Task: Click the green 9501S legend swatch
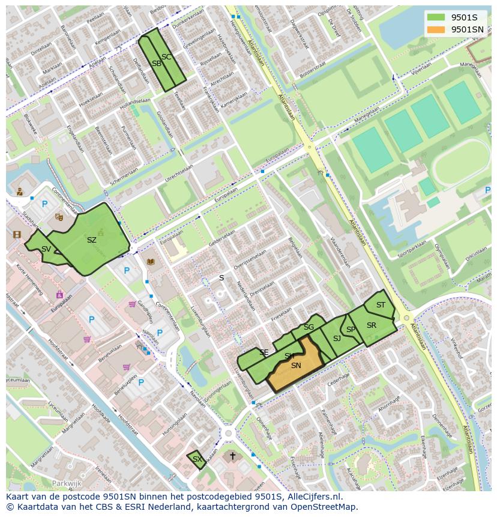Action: [x=436, y=17]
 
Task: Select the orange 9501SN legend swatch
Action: [x=436, y=29]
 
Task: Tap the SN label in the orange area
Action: [x=295, y=366]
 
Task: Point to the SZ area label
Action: [x=91, y=240]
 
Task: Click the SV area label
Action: [x=46, y=249]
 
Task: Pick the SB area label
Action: [x=156, y=64]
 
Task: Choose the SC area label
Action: [x=166, y=57]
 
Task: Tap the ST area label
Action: [x=381, y=305]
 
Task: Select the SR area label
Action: [x=371, y=325]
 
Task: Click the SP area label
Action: [x=351, y=330]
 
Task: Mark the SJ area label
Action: [x=337, y=339]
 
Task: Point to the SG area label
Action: [x=309, y=327]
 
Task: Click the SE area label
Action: [x=264, y=352]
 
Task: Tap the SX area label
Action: [x=197, y=459]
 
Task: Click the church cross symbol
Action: [x=233, y=456]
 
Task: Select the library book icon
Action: [x=150, y=262]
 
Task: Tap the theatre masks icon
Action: [x=59, y=217]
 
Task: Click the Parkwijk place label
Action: [x=66, y=483]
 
